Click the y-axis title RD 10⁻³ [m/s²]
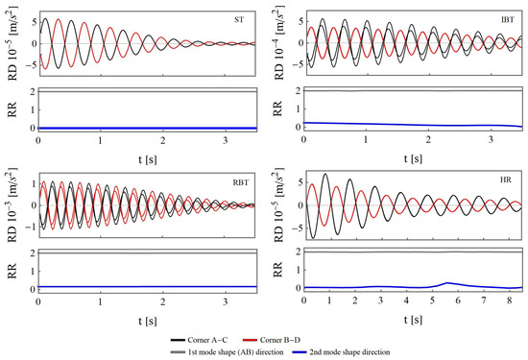click(11, 207)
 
